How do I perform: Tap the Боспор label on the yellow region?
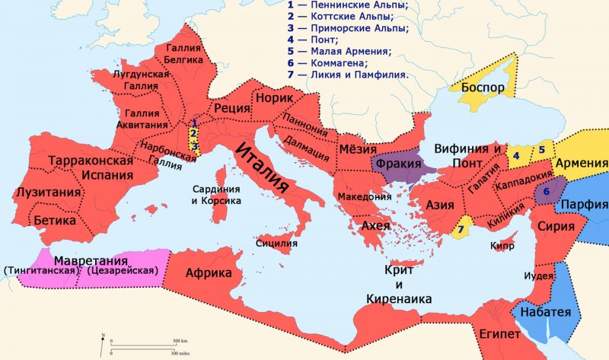482,87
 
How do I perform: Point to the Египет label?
499,335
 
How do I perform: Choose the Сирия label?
534,226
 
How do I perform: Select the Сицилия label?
277,244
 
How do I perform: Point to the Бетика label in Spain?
55,220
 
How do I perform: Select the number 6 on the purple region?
546,191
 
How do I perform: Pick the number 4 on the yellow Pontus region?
515,155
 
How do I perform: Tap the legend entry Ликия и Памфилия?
347,75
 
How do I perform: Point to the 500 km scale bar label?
180,339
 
